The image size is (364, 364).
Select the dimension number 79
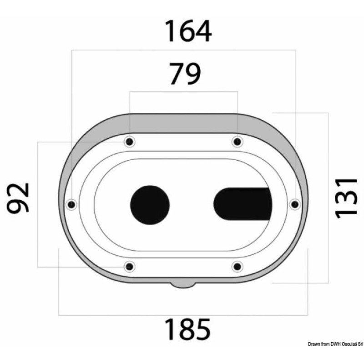pos(184,74)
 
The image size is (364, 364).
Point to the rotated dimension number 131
pos(344,197)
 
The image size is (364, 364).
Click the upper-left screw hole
pos(130,142)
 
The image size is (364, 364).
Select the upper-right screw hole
pos(236,142)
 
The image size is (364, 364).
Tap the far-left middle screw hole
pos(71,204)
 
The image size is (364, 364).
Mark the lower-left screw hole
pos(130,266)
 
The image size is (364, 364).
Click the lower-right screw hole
pos(236,266)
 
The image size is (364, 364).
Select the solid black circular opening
pos(150,204)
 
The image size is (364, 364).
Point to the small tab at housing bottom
pos(183,285)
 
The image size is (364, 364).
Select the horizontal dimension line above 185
pos(184,315)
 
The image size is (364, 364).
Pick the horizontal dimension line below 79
pos(183,92)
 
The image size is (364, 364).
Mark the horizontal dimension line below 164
pos(184,51)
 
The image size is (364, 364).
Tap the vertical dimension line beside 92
pos(37,204)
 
